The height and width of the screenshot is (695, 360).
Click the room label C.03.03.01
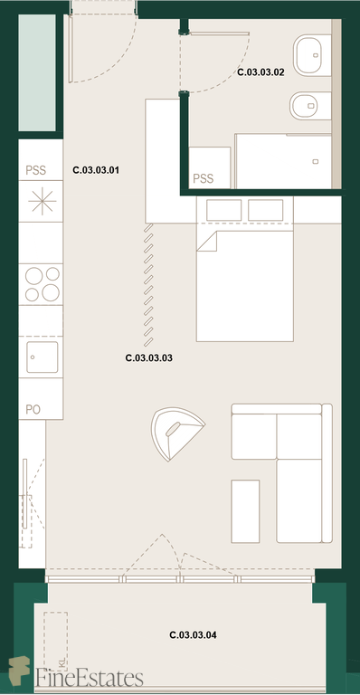tap(96, 170)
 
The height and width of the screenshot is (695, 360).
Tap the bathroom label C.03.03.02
tap(261, 72)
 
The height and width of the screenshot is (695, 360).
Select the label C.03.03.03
tap(148, 358)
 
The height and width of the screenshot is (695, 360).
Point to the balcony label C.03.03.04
tap(193, 635)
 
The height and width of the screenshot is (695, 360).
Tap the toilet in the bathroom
tap(310, 106)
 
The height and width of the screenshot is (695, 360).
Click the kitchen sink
tap(43, 357)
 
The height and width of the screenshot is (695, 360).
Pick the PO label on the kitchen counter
tap(33, 410)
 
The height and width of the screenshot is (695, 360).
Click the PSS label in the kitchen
tap(36, 171)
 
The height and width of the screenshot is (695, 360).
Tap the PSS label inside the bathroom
tap(204, 178)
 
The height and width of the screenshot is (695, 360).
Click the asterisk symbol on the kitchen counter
tap(43, 201)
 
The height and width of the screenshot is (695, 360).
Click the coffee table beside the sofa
tap(245, 511)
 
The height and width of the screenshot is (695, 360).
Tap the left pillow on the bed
tap(224, 210)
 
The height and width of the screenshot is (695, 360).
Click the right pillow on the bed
tap(265, 210)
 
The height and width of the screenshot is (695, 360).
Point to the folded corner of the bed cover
tap(207, 241)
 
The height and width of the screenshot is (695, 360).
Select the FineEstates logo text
tap(90, 678)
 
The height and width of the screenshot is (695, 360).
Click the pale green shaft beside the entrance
tap(37, 72)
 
